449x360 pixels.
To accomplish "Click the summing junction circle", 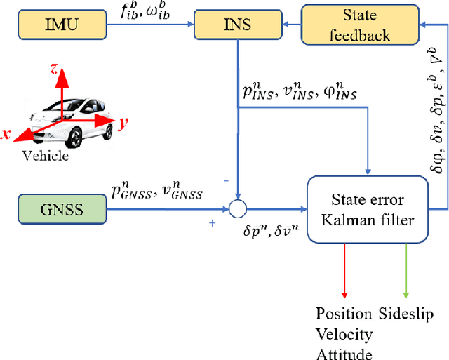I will click(239, 208).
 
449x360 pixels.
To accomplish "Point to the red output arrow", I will click(344, 270).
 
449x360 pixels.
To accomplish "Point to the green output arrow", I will click(405, 270).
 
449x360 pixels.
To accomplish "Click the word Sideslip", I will click(407, 313).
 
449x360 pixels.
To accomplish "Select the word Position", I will click(345, 313).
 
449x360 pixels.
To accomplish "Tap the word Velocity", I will click(344, 333).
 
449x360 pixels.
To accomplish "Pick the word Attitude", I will click(344, 354).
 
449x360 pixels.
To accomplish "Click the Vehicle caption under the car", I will click(46, 156).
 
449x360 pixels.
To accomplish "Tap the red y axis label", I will click(123, 124).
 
